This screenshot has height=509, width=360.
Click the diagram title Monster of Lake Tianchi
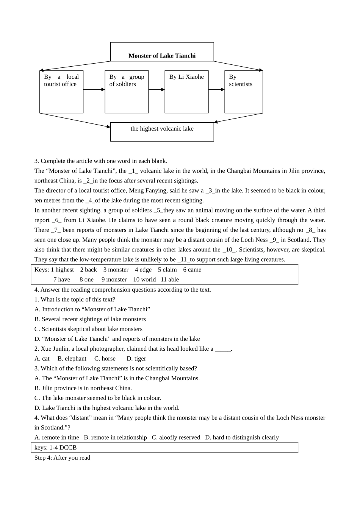click(162, 56)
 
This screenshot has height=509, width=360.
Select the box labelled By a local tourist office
click(61, 92)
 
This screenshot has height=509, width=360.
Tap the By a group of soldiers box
click(127, 92)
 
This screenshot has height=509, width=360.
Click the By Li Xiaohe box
click(186, 92)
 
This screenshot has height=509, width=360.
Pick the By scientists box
click(243, 92)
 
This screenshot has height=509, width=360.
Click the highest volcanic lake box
click(162, 131)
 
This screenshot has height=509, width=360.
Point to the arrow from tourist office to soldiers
click(94, 90)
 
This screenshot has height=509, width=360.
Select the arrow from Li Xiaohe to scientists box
click(216, 90)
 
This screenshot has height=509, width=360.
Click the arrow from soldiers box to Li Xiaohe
click(157, 90)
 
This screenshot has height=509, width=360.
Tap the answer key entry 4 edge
click(143, 270)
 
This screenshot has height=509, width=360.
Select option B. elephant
click(72, 359)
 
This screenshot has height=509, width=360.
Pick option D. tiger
click(136, 359)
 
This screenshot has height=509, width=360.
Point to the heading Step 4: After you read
click(62, 457)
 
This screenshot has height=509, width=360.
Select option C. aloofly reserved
click(176, 437)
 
